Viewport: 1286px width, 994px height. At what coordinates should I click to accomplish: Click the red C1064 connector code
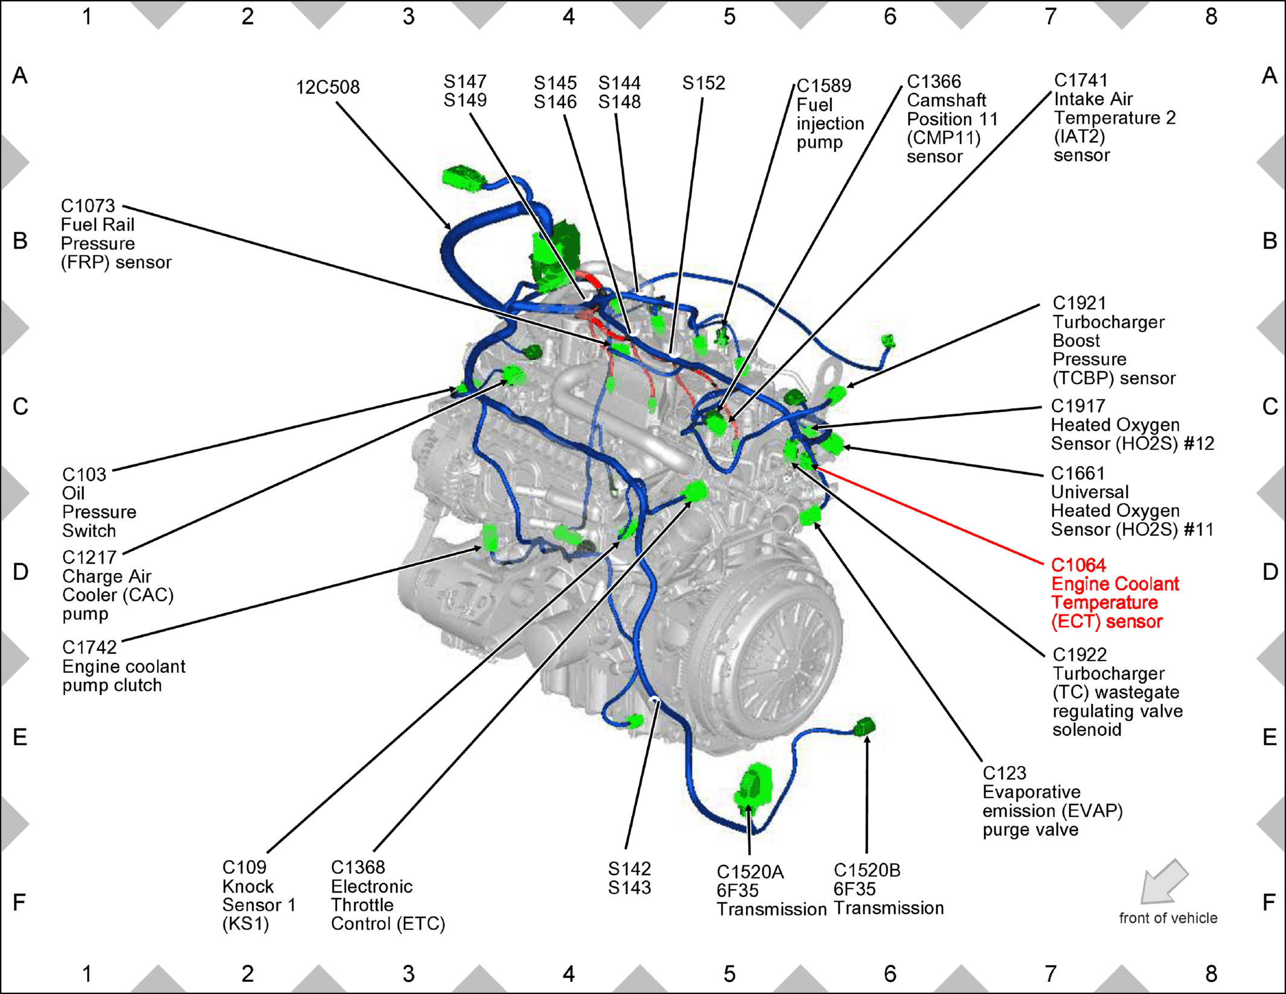pos(1078,565)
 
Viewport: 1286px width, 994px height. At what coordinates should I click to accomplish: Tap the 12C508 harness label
pos(328,88)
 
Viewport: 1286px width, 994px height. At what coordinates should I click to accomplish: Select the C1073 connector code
pos(88,206)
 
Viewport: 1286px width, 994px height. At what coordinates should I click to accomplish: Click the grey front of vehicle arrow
pos(1163,881)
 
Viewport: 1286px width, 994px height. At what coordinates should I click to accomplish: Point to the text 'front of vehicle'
pos(1168,918)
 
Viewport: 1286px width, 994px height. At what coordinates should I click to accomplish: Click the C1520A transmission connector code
pos(750,872)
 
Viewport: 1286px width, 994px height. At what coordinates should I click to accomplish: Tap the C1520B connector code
pos(867,870)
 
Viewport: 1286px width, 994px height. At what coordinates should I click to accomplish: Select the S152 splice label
pos(704,83)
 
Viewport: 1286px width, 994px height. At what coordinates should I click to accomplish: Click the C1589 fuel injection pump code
pos(824,86)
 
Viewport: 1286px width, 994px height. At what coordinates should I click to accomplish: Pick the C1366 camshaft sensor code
pos(934,81)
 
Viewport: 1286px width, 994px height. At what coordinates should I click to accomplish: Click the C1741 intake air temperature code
pos(1081,80)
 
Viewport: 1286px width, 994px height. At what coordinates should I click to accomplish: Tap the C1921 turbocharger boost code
pos(1080,303)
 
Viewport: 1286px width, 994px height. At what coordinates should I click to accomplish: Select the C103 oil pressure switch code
pos(84,475)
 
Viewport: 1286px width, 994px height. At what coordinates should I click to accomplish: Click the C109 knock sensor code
pos(244,867)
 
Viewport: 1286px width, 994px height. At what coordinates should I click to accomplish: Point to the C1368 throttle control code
pos(358,867)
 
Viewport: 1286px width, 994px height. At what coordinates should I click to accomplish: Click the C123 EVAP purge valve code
pos(1005,773)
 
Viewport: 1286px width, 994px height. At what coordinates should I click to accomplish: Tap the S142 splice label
pos(630,869)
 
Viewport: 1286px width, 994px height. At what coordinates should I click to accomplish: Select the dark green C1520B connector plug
pos(866,727)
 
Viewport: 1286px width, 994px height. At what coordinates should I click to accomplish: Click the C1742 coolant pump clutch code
pos(89,648)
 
